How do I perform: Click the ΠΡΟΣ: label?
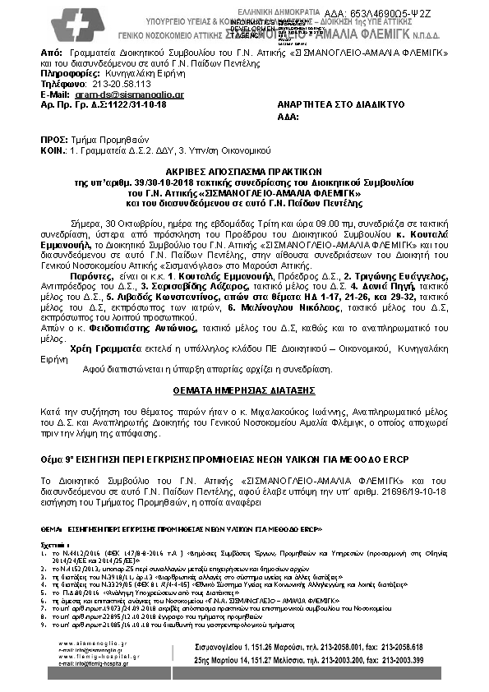[53, 141]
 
